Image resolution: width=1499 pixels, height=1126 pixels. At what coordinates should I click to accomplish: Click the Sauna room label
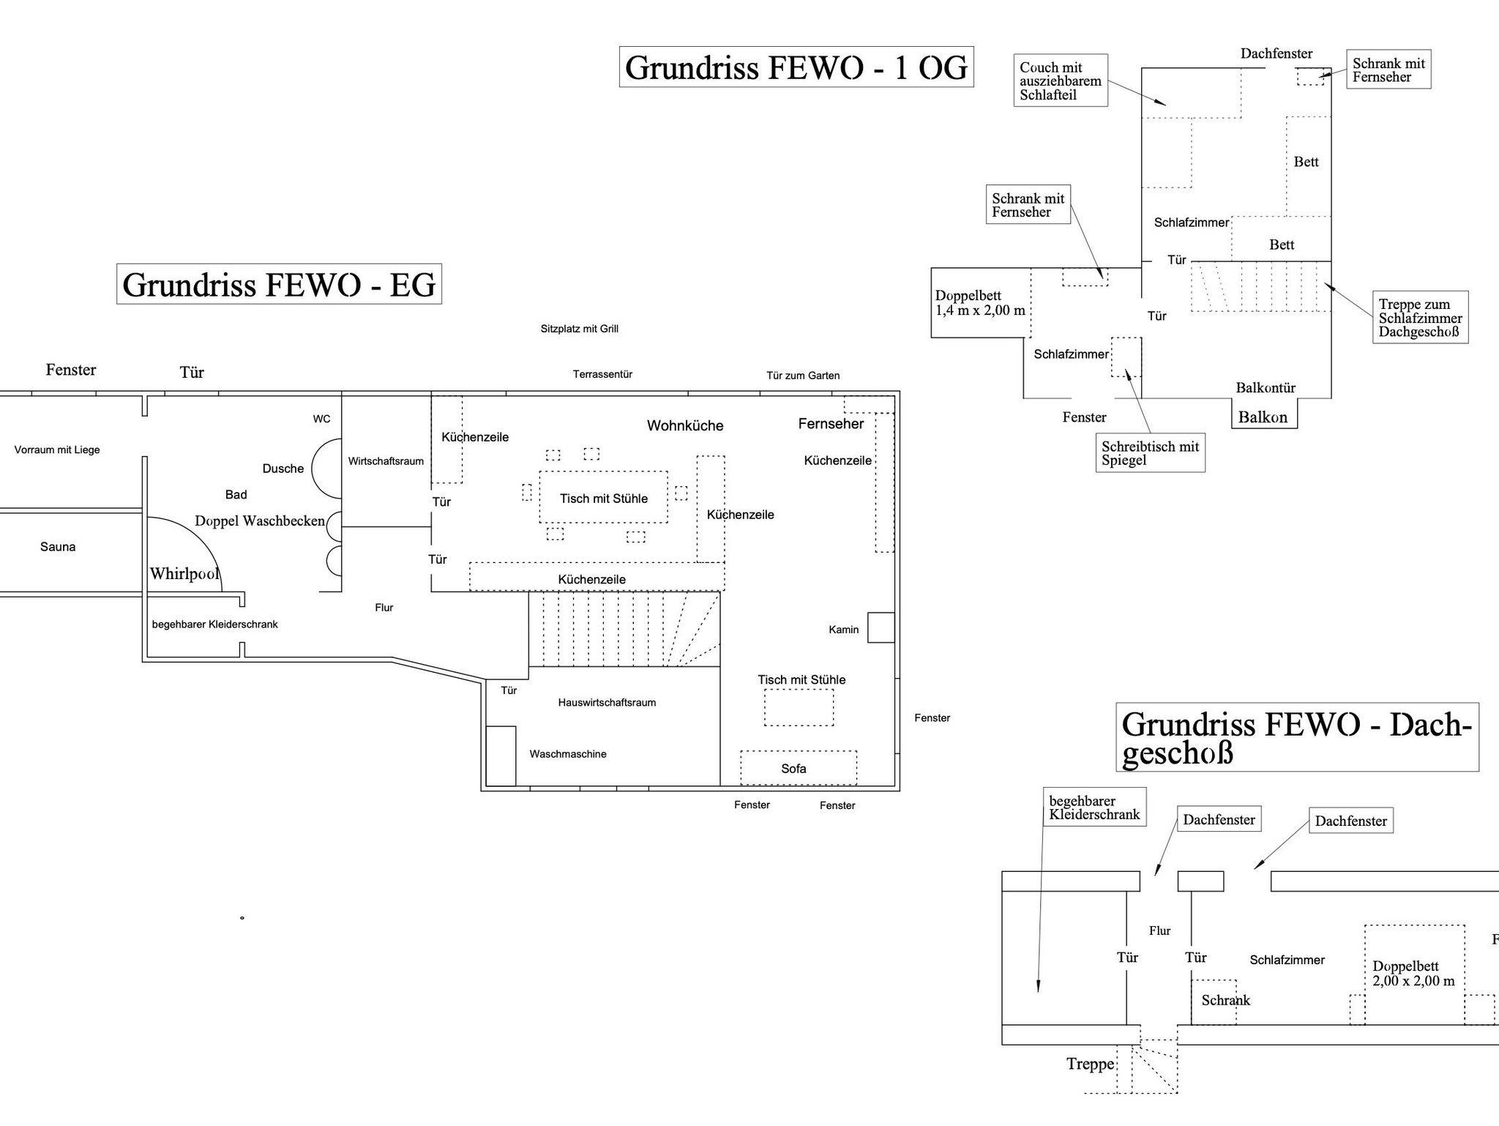(x=58, y=547)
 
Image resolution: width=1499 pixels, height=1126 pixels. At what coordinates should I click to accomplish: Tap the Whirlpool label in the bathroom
(x=184, y=573)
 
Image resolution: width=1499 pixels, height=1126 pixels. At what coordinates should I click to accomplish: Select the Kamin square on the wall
(x=881, y=627)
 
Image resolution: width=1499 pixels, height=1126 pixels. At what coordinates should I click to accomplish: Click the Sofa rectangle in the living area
(x=798, y=768)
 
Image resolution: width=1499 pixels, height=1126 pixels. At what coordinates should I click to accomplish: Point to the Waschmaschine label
(x=568, y=754)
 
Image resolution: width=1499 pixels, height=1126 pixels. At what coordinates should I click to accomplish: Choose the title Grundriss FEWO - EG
(x=279, y=284)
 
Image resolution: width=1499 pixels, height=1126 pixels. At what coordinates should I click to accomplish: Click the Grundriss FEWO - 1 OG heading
(x=796, y=67)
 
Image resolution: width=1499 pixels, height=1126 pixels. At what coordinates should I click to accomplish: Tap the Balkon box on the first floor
(x=1263, y=417)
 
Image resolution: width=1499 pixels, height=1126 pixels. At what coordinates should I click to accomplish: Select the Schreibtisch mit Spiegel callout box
(x=1150, y=453)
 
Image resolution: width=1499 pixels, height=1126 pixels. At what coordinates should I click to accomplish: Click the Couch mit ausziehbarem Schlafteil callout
(x=1060, y=81)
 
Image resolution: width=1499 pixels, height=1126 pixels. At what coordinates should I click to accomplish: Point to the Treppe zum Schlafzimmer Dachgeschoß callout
(x=1420, y=318)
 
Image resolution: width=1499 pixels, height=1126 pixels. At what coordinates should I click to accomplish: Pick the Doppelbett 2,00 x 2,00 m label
(x=1413, y=974)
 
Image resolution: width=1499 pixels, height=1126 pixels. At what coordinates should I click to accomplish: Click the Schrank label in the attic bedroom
(x=1225, y=1000)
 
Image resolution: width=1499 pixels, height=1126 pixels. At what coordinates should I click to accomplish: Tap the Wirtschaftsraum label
(x=386, y=461)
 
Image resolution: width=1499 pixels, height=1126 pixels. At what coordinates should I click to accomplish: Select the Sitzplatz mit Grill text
(x=580, y=329)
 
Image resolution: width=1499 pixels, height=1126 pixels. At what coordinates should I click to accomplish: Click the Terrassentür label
(x=602, y=374)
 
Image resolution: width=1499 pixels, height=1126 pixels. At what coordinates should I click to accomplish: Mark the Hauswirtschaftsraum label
(x=607, y=703)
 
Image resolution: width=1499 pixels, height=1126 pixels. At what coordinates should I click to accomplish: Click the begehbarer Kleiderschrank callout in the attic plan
(x=1094, y=808)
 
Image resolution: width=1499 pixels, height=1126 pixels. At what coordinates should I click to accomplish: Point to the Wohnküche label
(x=685, y=425)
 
